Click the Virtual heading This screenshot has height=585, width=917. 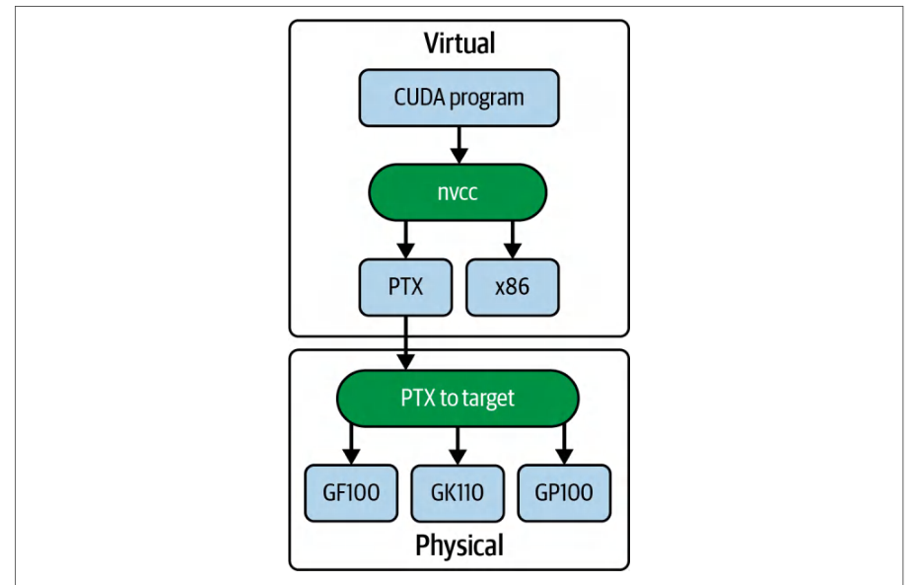tap(459, 43)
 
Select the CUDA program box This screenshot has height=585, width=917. tap(459, 98)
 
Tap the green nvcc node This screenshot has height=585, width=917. tap(458, 192)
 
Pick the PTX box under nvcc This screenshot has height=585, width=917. tap(405, 287)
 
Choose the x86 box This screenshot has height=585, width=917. tap(513, 287)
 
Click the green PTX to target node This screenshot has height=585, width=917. tap(458, 399)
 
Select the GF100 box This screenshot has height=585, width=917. tap(351, 493)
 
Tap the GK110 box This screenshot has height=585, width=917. tap(458, 493)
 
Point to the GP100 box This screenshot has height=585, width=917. tap(564, 493)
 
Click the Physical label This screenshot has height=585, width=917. tap(459, 546)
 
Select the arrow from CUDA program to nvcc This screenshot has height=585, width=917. tap(459, 145)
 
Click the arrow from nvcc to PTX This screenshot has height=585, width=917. tap(405, 240)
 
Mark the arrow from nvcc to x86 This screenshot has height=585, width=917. tap(513, 240)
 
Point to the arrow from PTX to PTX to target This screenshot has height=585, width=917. tap(405, 342)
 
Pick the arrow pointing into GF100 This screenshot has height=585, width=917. tap(351, 445)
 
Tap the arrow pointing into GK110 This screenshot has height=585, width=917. tap(458, 446)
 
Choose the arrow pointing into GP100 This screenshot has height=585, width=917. tap(564, 445)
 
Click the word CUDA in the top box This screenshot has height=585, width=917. tap(419, 97)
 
